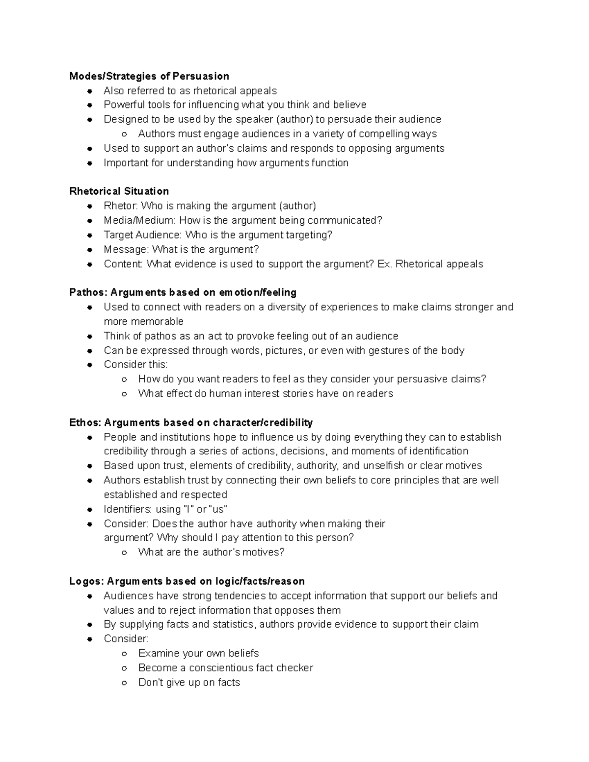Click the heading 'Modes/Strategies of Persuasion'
(149, 76)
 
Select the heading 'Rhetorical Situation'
(119, 191)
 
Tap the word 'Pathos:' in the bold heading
(88, 292)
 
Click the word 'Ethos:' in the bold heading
(85, 422)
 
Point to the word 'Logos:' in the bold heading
(87, 581)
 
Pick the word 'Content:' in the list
(123, 264)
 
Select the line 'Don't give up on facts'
(189, 682)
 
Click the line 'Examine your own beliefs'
(198, 653)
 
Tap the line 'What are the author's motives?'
(211, 552)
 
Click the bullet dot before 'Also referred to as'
(90, 91)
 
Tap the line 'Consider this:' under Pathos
(135, 364)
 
